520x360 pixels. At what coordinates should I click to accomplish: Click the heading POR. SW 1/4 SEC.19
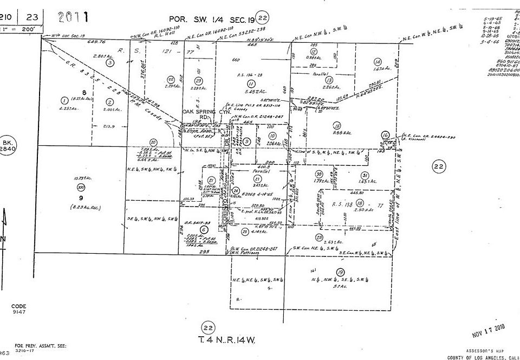[212, 18]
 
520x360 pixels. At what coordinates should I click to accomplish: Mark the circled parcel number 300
[81, 187]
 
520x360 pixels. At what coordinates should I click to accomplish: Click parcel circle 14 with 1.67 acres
[378, 62]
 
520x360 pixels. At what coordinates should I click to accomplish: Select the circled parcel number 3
[110, 63]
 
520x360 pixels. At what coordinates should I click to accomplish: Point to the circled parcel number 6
[203, 229]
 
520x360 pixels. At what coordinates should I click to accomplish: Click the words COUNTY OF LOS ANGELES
[477, 357]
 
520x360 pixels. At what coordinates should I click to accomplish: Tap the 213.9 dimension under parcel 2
[108, 127]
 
